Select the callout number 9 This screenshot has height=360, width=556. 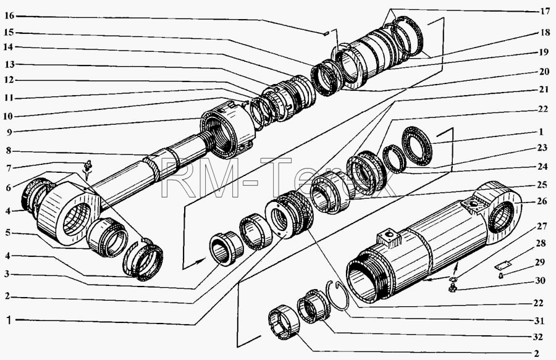[x=9, y=132]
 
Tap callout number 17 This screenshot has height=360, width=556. [x=545, y=11]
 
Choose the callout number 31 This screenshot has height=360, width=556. [x=539, y=321]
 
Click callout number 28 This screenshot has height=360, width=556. [x=541, y=243]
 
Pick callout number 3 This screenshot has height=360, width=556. [x=8, y=274]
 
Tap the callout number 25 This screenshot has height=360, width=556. [x=542, y=184]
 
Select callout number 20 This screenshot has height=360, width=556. [x=544, y=72]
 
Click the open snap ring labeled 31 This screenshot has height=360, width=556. [x=338, y=295]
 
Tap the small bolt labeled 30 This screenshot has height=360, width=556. [x=452, y=288]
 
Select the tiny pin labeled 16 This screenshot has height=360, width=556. [x=326, y=34]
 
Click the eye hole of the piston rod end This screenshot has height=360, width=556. [x=76, y=219]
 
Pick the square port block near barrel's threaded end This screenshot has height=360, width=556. [x=389, y=238]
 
